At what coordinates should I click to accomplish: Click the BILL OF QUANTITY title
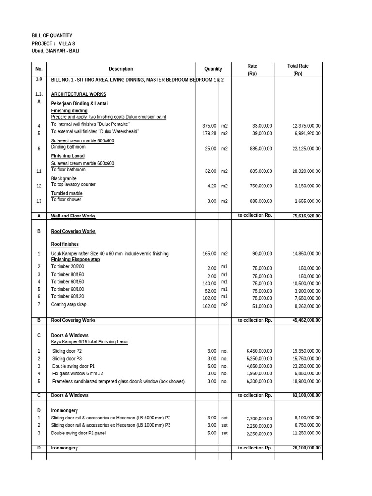click(52, 36)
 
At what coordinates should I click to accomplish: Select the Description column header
click(121, 69)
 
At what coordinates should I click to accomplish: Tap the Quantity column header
click(213, 69)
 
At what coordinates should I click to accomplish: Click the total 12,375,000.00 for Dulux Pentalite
click(306, 126)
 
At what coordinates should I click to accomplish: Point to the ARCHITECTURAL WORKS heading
click(78, 94)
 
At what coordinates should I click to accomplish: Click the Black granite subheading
click(63, 179)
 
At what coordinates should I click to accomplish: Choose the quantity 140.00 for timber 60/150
click(209, 284)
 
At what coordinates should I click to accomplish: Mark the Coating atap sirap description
click(69, 305)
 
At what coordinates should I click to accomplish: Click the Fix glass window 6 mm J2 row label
click(77, 374)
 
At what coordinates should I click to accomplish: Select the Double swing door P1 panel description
click(78, 433)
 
